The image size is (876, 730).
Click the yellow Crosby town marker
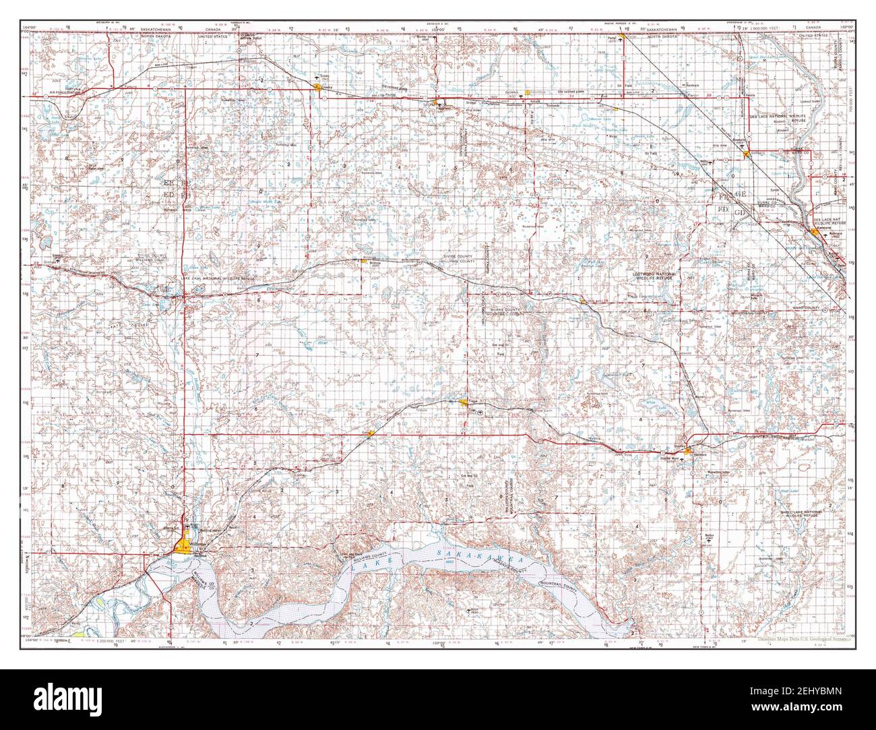pyautogui.click(x=316, y=86)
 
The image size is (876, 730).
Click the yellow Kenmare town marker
pyautogui.click(x=817, y=230)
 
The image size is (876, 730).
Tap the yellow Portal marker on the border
pyautogui.click(x=623, y=37)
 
